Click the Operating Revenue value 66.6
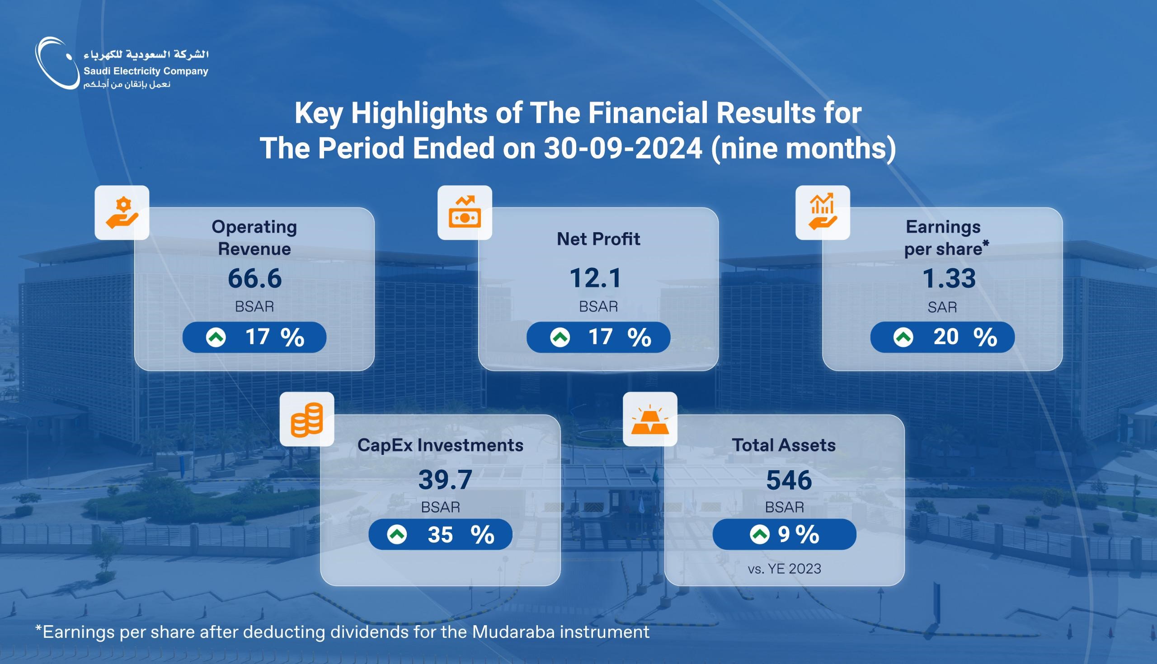tap(254, 278)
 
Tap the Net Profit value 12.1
tap(595, 278)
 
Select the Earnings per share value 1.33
tap(949, 278)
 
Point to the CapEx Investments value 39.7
tap(445, 480)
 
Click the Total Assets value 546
tap(789, 480)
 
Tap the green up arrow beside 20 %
tap(903, 337)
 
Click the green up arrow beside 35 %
tap(397, 534)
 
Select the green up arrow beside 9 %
tap(760, 534)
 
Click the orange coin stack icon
tap(306, 419)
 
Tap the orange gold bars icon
tap(649, 419)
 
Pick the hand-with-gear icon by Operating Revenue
tap(122, 212)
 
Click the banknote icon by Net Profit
tap(465, 212)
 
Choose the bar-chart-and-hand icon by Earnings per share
tap(823, 212)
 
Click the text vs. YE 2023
tap(784, 569)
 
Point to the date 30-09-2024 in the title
tap(623, 148)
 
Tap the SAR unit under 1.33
tap(942, 307)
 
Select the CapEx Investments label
tap(440, 445)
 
